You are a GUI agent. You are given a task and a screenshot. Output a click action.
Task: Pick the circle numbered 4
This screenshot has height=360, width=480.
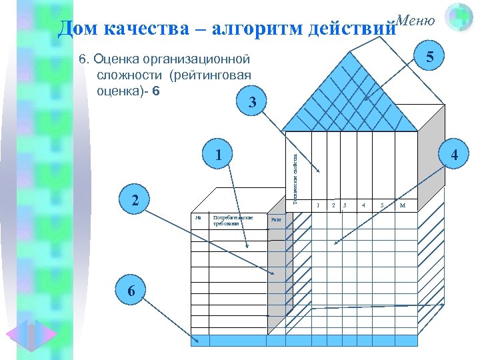[455, 155]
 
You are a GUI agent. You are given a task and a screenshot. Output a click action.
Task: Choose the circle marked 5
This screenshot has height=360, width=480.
[431, 58]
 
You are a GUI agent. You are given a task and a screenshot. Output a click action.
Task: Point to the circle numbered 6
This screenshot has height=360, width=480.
[132, 291]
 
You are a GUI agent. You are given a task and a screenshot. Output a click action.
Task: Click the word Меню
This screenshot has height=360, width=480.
[415, 20]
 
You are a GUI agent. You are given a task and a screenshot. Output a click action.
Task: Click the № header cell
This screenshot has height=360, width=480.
[198, 217]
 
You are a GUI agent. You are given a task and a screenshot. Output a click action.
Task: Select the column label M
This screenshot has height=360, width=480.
[403, 205]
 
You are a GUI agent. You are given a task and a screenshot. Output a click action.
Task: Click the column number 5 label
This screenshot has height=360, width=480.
[382, 205]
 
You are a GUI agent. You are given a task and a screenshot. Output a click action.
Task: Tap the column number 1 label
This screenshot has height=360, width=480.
[318, 205]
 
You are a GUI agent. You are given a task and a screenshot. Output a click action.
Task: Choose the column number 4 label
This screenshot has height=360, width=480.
[363, 205]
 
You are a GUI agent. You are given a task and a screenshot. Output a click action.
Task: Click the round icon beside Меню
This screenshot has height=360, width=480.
[458, 18]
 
